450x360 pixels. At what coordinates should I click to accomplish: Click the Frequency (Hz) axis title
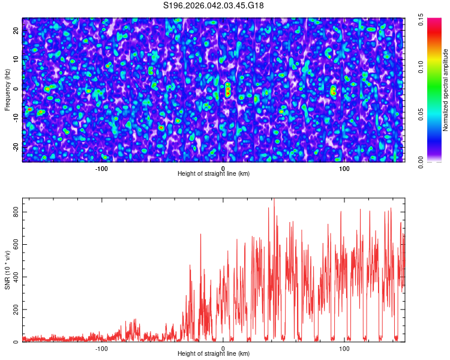tap(7, 89)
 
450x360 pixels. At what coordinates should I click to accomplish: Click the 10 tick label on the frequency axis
tap(16, 59)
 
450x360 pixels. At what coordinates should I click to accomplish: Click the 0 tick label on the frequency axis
tap(16, 88)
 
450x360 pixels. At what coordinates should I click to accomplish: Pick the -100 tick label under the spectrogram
tap(101, 169)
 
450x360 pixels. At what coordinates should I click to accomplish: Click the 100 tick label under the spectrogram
tap(344, 169)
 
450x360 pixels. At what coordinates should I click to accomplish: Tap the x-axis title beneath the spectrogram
tap(214, 174)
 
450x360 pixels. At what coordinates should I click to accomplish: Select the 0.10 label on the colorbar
tap(422, 67)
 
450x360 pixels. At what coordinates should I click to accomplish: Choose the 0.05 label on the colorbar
tap(422, 113)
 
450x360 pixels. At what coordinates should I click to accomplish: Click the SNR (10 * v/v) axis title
tap(7, 270)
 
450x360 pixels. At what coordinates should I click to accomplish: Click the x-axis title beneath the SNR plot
tap(214, 354)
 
